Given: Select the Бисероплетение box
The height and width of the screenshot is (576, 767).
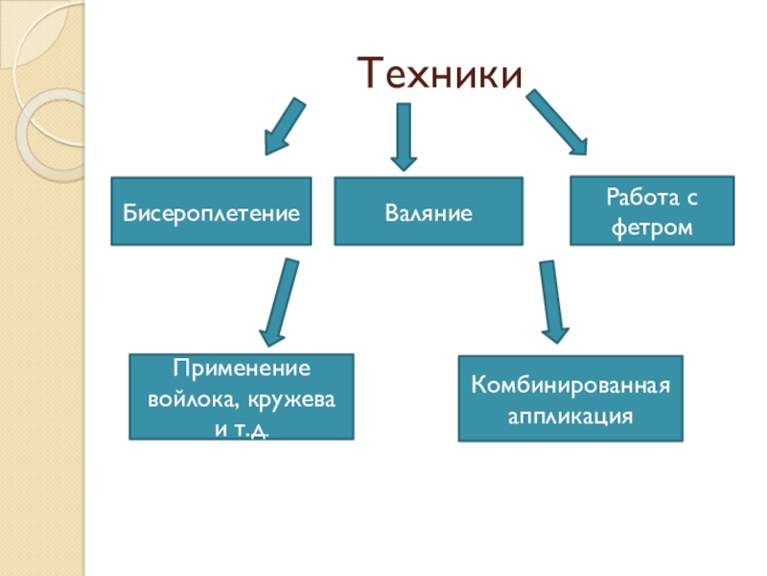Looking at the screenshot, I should tap(211, 211).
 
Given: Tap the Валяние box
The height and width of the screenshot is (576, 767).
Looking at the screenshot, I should tap(429, 211).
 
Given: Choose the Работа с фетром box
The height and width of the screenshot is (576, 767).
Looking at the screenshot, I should tap(652, 211).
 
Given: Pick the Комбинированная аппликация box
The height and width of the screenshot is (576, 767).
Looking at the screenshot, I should tap(570, 398).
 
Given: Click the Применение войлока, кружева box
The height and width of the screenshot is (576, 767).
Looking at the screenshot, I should tap(242, 396).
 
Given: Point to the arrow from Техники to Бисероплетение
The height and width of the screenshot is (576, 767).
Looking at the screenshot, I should tap(286, 126).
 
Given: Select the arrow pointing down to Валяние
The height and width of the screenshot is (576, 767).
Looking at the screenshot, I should tap(404, 135).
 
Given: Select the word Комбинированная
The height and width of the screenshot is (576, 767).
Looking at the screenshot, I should tap(570, 386).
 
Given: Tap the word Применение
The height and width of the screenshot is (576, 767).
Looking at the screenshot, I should tap(242, 370).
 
